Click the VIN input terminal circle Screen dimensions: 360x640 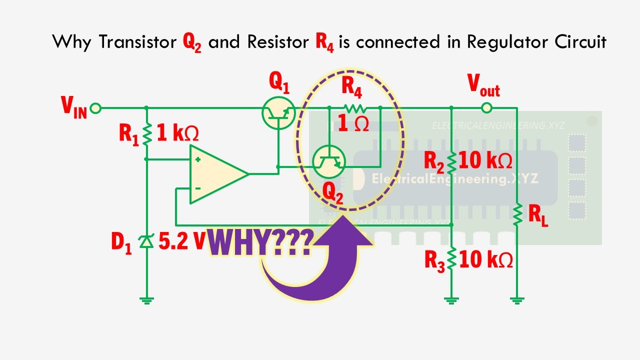(x=95, y=107)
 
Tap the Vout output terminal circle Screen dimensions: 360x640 (x=486, y=107)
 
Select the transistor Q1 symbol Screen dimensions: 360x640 (x=278, y=114)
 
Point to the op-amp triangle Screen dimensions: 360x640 (x=215, y=174)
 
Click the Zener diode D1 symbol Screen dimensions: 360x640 (x=146, y=241)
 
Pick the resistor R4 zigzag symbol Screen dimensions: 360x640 (x=355, y=107)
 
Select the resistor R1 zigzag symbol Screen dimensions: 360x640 (x=146, y=134)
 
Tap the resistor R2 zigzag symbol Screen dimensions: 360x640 (x=451, y=161)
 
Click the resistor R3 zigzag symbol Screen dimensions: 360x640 (x=451, y=259)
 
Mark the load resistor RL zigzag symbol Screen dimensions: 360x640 (x=517, y=213)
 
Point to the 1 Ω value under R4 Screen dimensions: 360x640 (x=353, y=124)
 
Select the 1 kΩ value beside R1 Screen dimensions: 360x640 (x=177, y=134)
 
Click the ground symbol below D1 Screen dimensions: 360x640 (x=146, y=300)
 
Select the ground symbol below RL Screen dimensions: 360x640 (x=517, y=300)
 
